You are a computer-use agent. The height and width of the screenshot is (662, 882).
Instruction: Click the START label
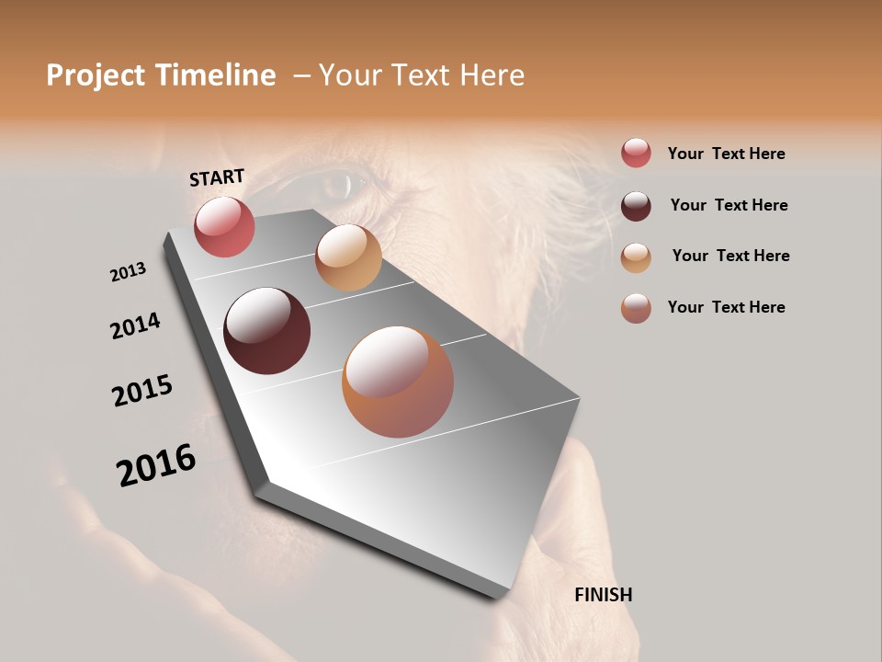click(x=217, y=177)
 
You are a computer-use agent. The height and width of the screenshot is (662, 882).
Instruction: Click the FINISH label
click(x=603, y=595)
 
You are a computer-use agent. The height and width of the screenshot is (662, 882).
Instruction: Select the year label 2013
click(x=128, y=272)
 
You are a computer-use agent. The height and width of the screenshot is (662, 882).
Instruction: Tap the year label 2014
click(x=135, y=325)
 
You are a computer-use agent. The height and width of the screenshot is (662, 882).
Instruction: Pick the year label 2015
click(x=142, y=391)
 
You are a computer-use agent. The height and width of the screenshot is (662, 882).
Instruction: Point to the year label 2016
click(x=156, y=465)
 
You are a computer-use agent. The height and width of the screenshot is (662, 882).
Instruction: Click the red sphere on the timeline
click(x=224, y=227)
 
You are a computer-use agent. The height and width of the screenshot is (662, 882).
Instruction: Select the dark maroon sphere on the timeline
click(x=266, y=331)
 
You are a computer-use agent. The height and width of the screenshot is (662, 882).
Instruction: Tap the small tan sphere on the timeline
click(x=348, y=257)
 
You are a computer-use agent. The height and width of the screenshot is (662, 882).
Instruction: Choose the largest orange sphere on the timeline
click(x=398, y=382)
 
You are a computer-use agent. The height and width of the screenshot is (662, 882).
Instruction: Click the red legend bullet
click(x=636, y=153)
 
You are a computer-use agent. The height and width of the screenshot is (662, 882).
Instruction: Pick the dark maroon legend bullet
click(x=636, y=206)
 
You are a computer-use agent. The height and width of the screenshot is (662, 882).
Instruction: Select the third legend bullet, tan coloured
click(x=636, y=257)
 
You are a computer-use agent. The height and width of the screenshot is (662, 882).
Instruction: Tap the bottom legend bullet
click(x=636, y=308)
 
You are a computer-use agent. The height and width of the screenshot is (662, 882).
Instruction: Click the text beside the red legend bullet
click(x=726, y=154)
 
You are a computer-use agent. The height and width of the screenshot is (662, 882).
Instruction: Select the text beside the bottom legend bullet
click(x=726, y=307)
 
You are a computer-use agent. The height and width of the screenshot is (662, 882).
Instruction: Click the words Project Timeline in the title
click(x=161, y=75)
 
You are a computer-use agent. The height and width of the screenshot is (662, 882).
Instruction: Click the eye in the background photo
click(x=336, y=186)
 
